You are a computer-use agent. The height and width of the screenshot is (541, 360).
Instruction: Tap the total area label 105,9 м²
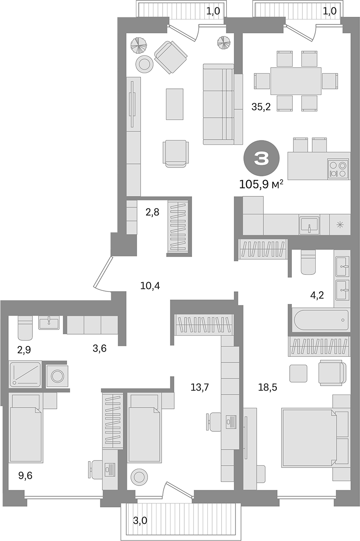(x=261, y=185)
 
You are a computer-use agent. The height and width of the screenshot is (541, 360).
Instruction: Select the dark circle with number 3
(x=261, y=159)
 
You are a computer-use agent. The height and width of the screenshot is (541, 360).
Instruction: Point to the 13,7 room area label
(x=200, y=387)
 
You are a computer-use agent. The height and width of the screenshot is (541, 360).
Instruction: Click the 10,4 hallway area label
(x=150, y=285)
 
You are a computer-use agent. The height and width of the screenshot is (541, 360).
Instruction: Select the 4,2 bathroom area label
(x=316, y=296)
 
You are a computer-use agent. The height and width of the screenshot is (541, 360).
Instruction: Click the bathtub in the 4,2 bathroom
(x=321, y=320)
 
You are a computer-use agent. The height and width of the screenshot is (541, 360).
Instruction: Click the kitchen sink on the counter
(x=309, y=225)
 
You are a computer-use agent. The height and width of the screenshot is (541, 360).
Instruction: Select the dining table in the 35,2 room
(x=296, y=81)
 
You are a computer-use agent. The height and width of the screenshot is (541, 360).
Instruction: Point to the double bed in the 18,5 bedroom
(x=309, y=437)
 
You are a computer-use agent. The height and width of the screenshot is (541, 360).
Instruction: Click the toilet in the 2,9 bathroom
(x=25, y=328)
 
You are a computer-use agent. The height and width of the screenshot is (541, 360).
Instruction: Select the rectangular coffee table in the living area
(x=174, y=104)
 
